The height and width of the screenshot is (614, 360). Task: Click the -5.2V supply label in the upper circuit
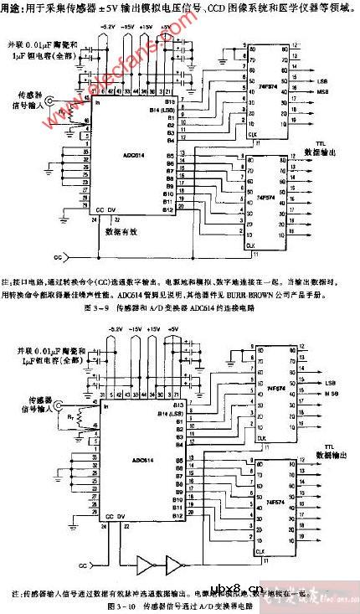coord(107,27)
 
